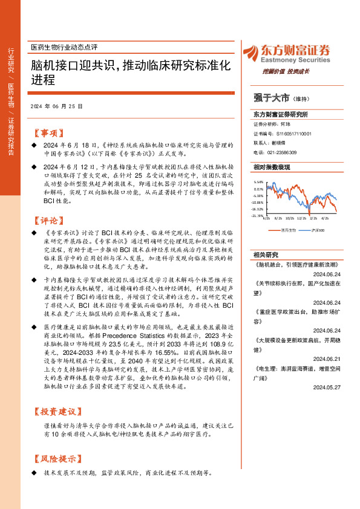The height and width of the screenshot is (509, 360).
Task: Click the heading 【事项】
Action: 49,132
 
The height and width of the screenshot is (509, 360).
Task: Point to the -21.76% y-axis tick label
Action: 257,216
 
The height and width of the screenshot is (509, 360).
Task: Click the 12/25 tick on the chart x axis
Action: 302,219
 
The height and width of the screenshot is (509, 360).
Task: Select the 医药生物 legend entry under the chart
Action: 288,230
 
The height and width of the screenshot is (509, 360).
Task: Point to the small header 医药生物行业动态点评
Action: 64,47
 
